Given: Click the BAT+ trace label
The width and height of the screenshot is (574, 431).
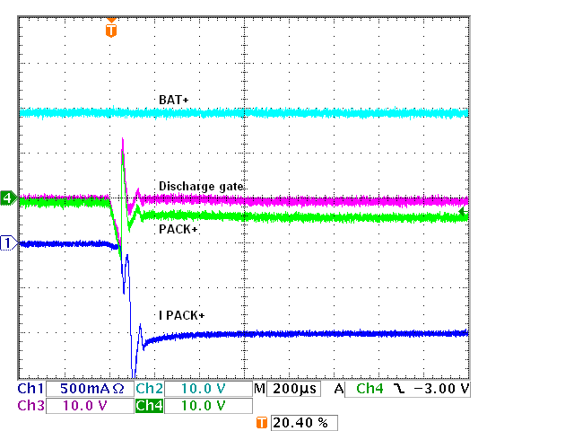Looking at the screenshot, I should click(173, 99).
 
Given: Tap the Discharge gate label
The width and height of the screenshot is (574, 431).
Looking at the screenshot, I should click(201, 186).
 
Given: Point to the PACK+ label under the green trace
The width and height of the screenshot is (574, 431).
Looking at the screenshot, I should click(178, 230).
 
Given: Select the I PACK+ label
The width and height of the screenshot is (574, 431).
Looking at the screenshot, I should click(181, 315).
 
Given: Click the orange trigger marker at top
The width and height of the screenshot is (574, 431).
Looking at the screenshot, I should click(110, 30).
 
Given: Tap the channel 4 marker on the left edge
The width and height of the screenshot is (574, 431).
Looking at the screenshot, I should click(8, 198).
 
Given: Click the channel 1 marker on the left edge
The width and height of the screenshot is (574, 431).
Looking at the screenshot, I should click(8, 242).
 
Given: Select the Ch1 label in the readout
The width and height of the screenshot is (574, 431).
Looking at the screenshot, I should click(30, 390).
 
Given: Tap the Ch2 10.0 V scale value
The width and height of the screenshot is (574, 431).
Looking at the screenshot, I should click(204, 390).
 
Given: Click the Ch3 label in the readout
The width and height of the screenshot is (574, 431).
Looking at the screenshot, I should click(30, 406).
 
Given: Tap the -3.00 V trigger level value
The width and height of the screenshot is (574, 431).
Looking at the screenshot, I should click(436, 390).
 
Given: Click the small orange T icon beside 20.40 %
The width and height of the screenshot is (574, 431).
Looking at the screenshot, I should click(262, 422).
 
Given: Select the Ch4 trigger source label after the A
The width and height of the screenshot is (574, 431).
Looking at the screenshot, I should click(369, 390).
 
